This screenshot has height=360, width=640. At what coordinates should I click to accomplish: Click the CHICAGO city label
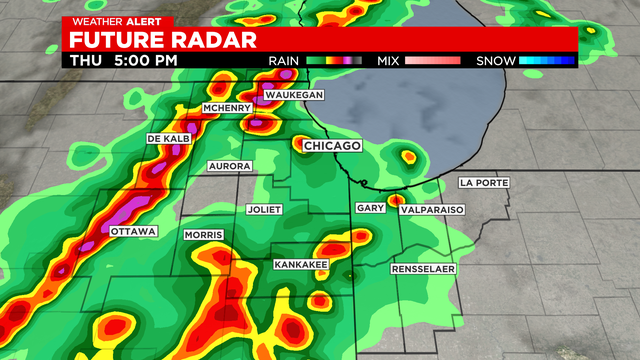tap(331, 146)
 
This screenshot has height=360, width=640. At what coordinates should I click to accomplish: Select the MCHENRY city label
tap(224, 107)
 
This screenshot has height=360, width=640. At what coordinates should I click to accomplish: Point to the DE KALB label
tap(168, 138)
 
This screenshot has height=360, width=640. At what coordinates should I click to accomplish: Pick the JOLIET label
tap(264, 209)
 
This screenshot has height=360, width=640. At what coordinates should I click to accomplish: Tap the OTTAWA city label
tap(134, 231)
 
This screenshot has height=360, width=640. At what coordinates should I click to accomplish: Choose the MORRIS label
tap(203, 235)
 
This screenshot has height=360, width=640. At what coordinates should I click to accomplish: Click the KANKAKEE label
tap(301, 265)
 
